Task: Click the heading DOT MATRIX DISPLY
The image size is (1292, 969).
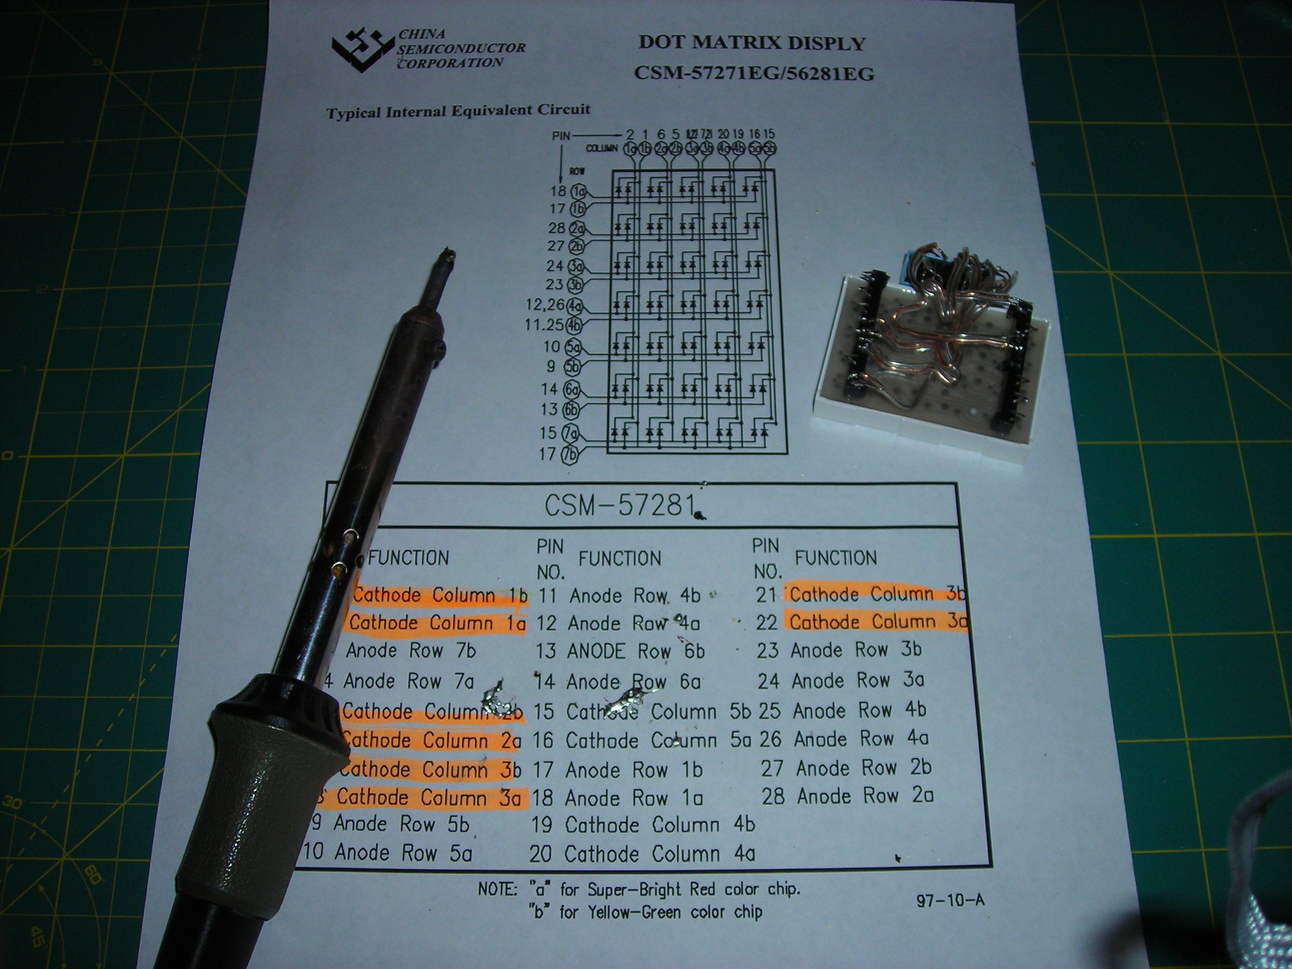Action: pos(752,43)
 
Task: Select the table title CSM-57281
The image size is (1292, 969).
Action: pos(620,504)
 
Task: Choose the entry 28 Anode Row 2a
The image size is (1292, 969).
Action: pos(847,796)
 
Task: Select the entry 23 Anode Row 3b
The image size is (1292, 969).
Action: pos(839,650)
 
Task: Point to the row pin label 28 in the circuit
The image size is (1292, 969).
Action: pos(557,228)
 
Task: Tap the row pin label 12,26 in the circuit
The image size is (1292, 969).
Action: pos(545,305)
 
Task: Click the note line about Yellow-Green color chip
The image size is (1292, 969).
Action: pos(646,912)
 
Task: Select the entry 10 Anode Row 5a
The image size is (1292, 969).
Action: pos(387,853)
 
